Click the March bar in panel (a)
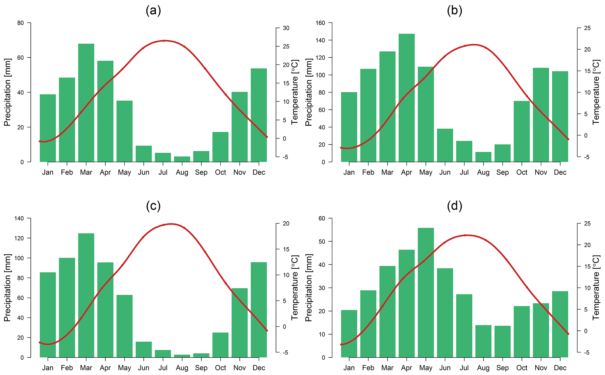tap(86, 103)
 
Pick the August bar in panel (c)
tap(182, 356)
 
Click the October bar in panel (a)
tap(220, 147)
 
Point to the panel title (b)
tap(454, 11)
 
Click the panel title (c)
tap(153, 206)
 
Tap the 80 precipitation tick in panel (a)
tap(20, 23)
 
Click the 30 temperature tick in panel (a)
tap(286, 28)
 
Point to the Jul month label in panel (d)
tap(464, 368)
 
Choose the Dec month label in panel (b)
tap(560, 172)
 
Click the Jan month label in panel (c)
tap(48, 368)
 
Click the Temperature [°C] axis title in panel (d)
tap(596, 288)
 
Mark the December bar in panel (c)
tap(259, 310)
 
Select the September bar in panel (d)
tap(503, 341)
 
